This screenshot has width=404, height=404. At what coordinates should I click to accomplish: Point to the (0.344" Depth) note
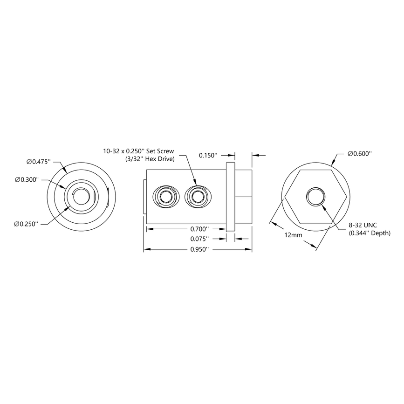369,233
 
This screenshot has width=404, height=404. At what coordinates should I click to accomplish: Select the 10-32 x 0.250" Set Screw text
139,151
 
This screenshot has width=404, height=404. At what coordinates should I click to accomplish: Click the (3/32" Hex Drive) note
150,159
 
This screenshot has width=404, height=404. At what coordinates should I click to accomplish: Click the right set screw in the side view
198,196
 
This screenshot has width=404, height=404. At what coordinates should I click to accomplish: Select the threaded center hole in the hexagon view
314,196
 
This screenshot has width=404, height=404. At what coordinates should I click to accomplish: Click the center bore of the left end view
82,196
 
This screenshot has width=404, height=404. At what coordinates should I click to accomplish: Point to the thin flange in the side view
230,196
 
